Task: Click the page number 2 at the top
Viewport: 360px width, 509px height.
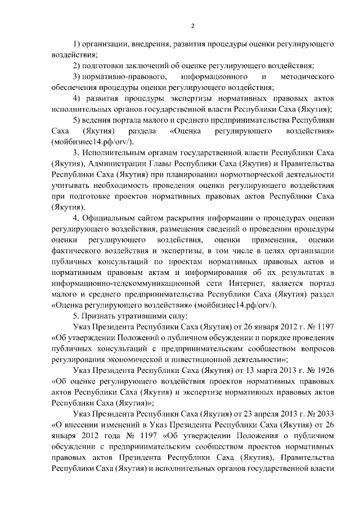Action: click(192, 25)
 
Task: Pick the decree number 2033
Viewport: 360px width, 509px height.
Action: click(325, 413)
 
